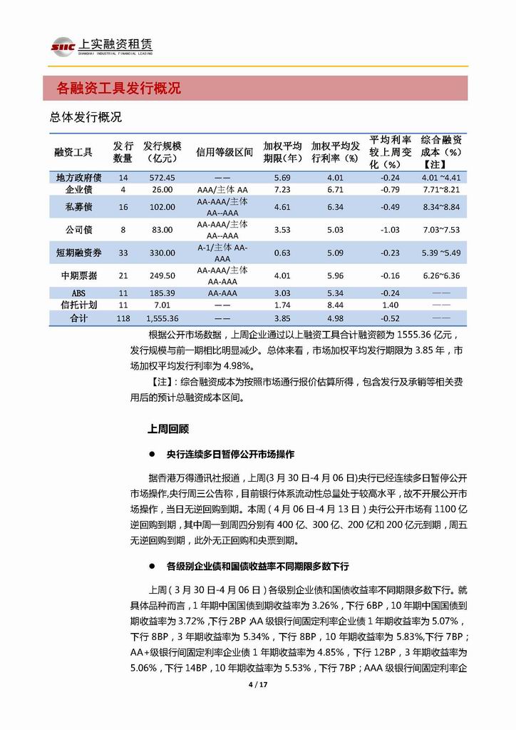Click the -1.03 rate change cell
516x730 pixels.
click(389, 230)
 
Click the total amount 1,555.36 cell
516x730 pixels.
click(162, 318)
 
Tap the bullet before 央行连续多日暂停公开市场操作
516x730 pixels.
click(152, 454)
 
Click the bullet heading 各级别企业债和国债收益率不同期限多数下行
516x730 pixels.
click(257, 566)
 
